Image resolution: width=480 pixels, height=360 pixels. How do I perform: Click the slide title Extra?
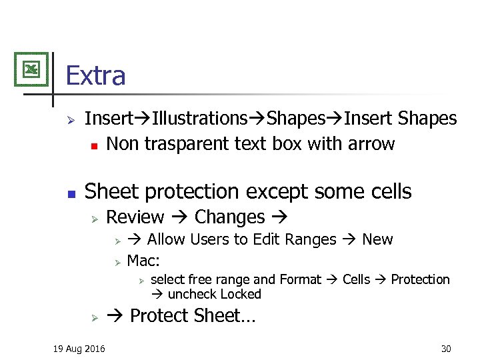pyautogui.click(x=95, y=75)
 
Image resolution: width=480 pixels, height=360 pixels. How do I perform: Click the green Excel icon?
pyautogui.click(x=31, y=69)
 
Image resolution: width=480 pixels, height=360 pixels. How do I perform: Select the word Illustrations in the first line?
pyautogui.click(x=199, y=119)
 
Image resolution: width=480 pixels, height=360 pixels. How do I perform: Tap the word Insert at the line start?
pyautogui.click(x=108, y=119)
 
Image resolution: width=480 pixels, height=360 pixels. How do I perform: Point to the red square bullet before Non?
pyautogui.click(x=94, y=145)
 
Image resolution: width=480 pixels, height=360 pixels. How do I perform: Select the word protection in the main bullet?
pyautogui.click(x=195, y=192)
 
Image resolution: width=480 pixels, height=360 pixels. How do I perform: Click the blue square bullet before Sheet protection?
pyautogui.click(x=72, y=193)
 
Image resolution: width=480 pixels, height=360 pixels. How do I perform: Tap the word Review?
pyautogui.click(x=135, y=217)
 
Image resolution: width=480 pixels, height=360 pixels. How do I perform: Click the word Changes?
pyautogui.click(x=229, y=217)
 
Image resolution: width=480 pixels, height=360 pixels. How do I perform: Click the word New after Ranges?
pyautogui.click(x=377, y=239)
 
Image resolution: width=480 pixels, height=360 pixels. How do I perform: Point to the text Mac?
pyautogui.click(x=143, y=259)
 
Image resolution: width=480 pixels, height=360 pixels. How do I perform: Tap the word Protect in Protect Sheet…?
pyautogui.click(x=159, y=315)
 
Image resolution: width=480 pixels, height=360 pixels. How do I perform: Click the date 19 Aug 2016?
pyautogui.click(x=79, y=348)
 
